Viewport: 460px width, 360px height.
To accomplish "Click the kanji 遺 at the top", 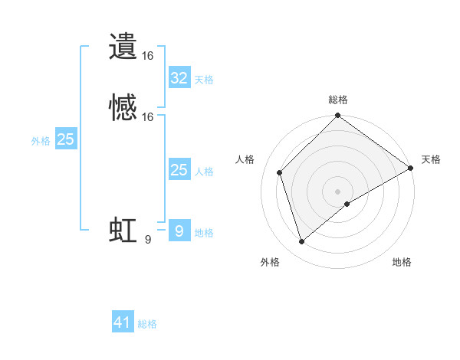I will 123,47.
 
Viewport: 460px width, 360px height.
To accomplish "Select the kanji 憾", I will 123,108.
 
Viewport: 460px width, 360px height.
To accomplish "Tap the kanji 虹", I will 123,231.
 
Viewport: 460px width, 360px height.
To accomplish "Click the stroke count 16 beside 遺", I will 148,56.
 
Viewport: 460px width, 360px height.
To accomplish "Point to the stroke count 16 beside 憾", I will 148,117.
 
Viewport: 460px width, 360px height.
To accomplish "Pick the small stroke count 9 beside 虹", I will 148,240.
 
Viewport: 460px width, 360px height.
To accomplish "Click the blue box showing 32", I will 179,77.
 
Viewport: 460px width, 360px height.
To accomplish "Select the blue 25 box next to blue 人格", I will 179,170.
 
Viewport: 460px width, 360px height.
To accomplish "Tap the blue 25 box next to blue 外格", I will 66,139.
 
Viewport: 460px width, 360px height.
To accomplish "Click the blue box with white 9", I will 179,231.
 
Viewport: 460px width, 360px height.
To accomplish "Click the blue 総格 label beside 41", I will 147,324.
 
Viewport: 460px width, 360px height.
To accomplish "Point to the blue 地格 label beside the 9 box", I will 204,233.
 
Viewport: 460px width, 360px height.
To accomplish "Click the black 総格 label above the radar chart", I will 338,100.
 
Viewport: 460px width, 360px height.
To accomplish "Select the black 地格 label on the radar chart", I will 402,263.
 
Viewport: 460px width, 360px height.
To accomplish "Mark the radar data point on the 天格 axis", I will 411,168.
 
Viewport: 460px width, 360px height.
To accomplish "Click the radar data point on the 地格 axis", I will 347,204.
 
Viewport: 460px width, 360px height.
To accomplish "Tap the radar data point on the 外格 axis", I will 302,242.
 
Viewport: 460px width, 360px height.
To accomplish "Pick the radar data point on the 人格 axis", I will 280,172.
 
